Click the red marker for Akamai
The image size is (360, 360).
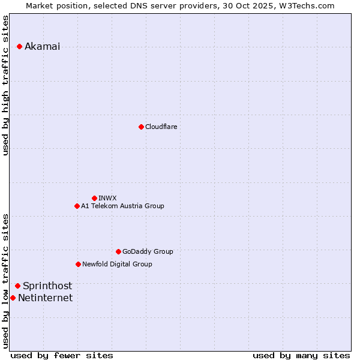20,47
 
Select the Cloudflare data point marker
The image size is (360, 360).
141,127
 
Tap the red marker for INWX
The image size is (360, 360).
94,198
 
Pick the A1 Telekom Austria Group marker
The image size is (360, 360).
77,206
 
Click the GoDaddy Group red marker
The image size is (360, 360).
118,251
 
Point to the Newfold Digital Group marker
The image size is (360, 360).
78,264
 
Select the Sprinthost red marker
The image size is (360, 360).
18,286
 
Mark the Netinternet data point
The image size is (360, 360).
13,298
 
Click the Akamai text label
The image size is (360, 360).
42,47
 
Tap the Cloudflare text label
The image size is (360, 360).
161,127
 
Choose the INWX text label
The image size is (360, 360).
107,198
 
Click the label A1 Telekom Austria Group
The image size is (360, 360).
122,206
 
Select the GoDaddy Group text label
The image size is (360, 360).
148,251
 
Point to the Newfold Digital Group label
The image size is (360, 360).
117,264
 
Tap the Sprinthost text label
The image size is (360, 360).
47,286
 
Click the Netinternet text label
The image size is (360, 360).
45,298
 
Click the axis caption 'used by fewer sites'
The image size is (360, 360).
62,355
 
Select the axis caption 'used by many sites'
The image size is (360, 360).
301,355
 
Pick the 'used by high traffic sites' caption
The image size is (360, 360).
6,85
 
